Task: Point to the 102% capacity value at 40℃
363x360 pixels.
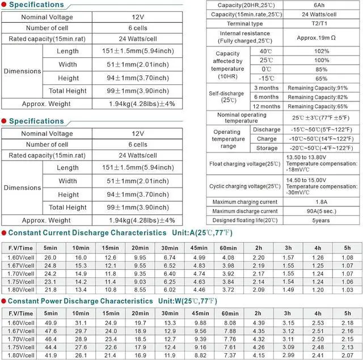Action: click(322, 51)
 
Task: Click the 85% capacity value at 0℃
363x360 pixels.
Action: click(322, 69)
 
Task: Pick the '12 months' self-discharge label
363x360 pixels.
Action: click(267, 107)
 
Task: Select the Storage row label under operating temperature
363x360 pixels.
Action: click(267, 148)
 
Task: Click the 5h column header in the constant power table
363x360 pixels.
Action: click(347, 314)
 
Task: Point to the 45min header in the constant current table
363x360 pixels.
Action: click(199, 248)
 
